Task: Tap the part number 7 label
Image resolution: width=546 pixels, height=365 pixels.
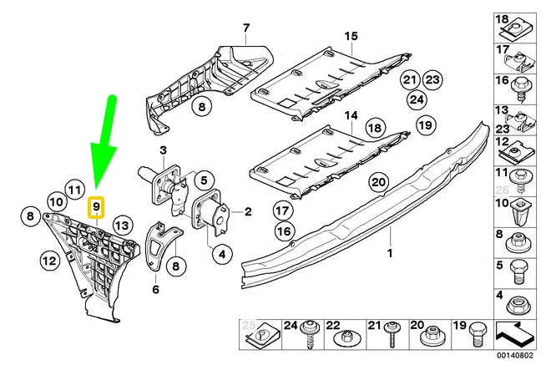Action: [246, 29]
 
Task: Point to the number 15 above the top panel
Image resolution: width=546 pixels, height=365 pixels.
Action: [351, 36]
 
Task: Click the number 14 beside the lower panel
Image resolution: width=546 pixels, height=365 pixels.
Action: [351, 114]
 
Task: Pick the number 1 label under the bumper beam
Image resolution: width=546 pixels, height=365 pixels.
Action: [387, 251]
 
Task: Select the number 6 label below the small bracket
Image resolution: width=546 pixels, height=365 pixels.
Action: [155, 290]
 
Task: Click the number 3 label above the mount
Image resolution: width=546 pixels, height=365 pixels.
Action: [164, 150]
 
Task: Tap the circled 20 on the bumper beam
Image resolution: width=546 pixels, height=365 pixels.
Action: [378, 182]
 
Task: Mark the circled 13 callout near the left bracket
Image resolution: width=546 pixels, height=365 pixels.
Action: [122, 224]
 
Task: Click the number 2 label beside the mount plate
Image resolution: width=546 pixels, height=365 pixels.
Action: [248, 213]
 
